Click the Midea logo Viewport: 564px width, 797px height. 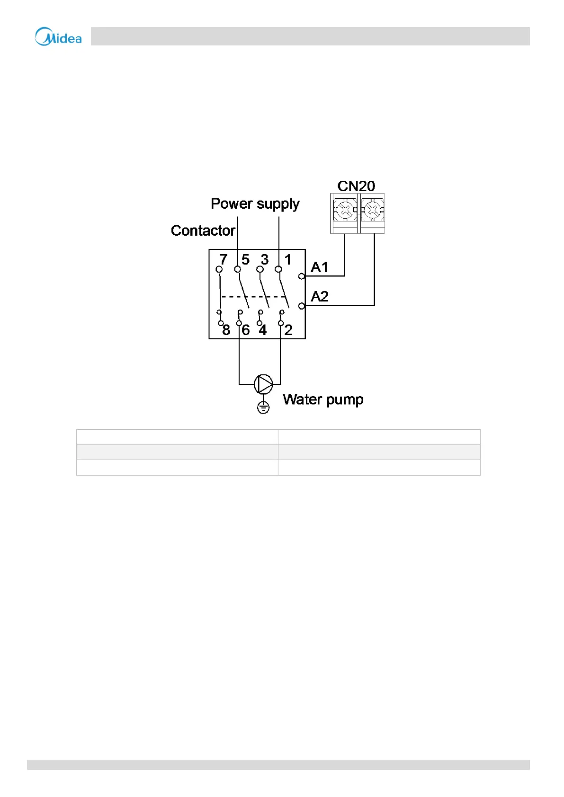tap(58, 37)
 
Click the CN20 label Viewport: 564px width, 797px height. tap(356, 186)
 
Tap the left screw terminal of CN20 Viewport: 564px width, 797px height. tap(345, 209)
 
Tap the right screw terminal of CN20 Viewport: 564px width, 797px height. tap(372, 209)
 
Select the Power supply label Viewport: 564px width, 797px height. tap(255, 204)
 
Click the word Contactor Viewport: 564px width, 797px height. tap(203, 230)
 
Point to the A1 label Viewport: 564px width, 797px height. tap(320, 267)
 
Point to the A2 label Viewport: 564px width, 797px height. tap(320, 297)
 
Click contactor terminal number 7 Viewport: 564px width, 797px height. tap(224, 259)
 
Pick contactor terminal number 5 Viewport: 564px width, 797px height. tap(245, 259)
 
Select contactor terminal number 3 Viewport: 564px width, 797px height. tap(265, 259)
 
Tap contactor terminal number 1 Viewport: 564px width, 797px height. tap(287, 259)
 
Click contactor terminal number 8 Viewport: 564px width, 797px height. tap(226, 330)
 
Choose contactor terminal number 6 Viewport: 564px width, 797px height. tap(245, 330)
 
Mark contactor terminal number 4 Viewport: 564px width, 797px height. tap(263, 330)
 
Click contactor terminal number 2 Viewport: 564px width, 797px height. tap(288, 330)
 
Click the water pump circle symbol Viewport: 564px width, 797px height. tap(263, 384)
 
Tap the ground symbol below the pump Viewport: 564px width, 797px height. tap(263, 407)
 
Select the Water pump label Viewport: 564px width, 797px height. tap(323, 399)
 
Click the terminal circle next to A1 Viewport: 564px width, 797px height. tap(302, 276)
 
